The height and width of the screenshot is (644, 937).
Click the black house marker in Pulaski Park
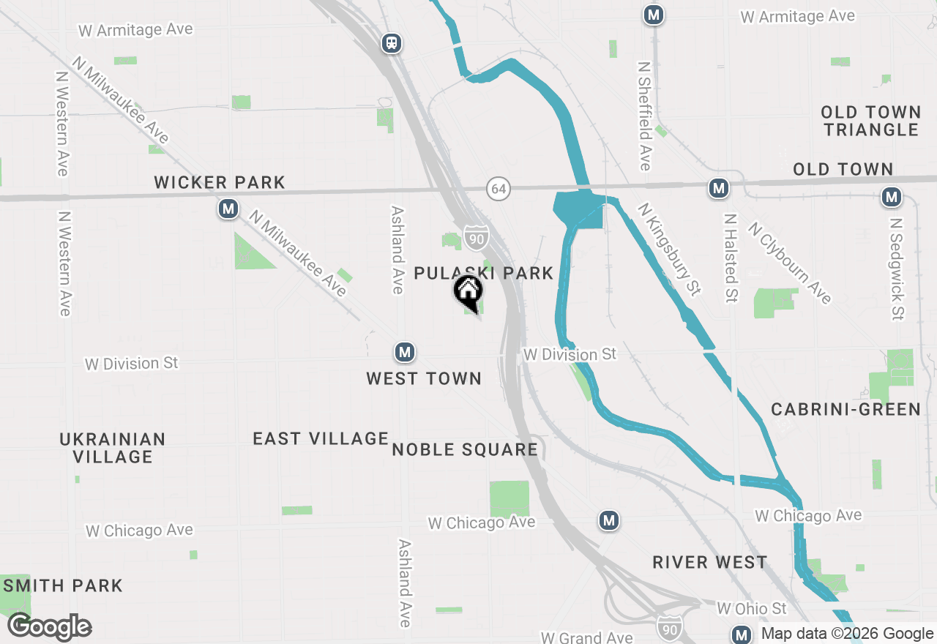click(468, 293)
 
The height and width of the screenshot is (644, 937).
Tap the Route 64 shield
click(499, 189)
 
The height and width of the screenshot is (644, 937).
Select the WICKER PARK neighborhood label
click(220, 182)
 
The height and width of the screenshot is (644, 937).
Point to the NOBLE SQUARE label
click(465, 449)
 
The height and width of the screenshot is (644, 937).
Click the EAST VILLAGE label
click(321, 438)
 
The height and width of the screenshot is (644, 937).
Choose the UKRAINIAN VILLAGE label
click(113, 448)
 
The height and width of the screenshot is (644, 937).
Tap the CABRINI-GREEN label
click(845, 409)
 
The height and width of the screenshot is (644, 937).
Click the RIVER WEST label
click(710, 562)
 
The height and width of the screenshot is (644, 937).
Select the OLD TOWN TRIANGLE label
click(870, 121)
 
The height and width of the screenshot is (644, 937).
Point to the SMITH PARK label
click(63, 585)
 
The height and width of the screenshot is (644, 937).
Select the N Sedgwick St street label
click(897, 268)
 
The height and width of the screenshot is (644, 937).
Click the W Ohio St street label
click(752, 608)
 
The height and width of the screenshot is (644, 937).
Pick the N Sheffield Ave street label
click(644, 116)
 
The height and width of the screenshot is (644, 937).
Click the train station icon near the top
click(392, 43)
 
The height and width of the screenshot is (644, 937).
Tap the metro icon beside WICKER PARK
click(228, 209)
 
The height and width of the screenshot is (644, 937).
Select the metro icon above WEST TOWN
click(404, 353)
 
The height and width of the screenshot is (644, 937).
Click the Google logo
click(50, 626)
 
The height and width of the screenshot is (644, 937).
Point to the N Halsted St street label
click(731, 258)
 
